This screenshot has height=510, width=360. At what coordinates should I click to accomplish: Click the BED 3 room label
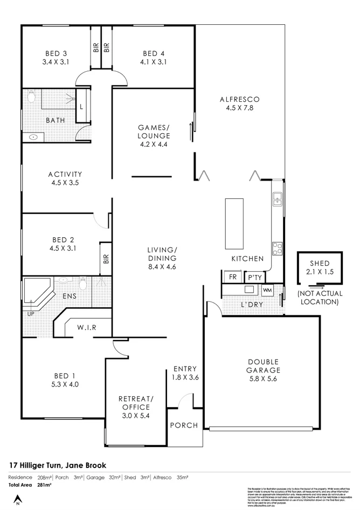pyautogui.click(x=56, y=53)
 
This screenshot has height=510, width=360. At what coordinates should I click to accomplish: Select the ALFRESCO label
pyautogui.click(x=240, y=99)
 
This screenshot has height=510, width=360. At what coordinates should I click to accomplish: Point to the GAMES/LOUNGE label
pyautogui.click(x=154, y=132)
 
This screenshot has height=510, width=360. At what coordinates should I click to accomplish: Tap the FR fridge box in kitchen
pyautogui.click(x=233, y=277)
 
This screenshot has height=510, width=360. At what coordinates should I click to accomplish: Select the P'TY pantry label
pyautogui.click(x=253, y=277)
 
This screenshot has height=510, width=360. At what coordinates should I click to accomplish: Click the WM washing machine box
pyautogui.click(x=268, y=290)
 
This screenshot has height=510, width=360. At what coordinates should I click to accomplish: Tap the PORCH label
pyautogui.click(x=184, y=425)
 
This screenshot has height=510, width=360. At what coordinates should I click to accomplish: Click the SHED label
pyautogui.click(x=320, y=263)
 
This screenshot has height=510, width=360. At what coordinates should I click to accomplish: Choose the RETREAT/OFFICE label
pyautogui.click(x=136, y=403)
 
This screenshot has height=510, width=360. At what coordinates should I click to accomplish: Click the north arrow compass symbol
pyautogui.click(x=17, y=499)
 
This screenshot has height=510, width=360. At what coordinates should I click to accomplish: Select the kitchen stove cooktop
pyautogui.click(x=278, y=248)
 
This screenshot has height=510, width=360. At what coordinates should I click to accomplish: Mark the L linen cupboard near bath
pyautogui.click(x=81, y=106)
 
